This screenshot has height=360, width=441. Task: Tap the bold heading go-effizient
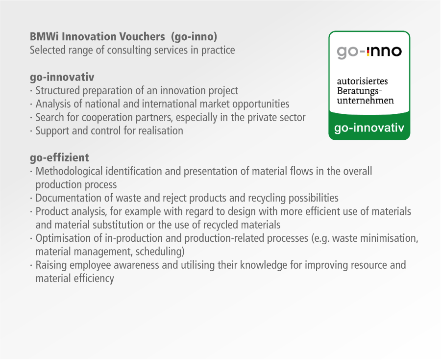[59, 157]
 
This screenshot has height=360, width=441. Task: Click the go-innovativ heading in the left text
[62, 77]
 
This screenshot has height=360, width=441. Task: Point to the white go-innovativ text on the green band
[369, 128]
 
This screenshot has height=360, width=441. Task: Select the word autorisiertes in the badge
[362, 81]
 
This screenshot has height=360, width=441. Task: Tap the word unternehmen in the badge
[366, 100]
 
